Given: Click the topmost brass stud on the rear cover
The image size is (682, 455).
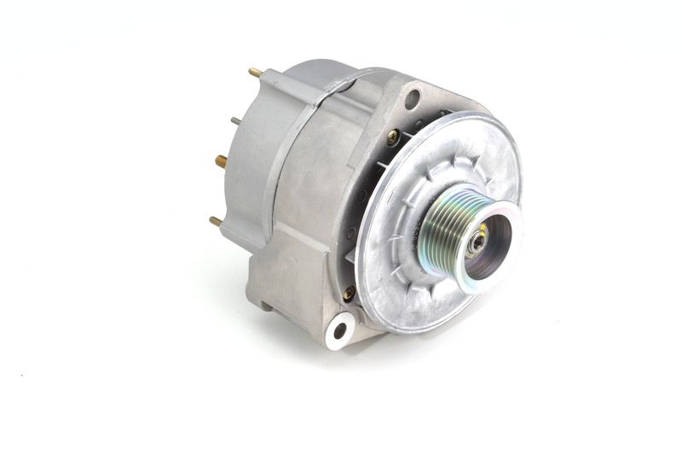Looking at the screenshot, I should (x=255, y=73).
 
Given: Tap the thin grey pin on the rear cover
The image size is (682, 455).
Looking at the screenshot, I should (x=234, y=121).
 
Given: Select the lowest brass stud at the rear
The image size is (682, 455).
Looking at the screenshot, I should (x=216, y=221).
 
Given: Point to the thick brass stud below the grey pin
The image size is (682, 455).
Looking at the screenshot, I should (x=221, y=160).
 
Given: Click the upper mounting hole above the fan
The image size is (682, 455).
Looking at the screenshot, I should (x=412, y=99).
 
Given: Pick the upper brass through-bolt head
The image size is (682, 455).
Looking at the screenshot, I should (x=393, y=136).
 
